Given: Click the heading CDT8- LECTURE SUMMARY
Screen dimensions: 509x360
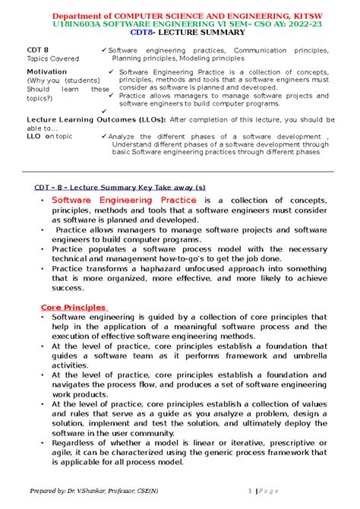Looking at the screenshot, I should click(x=179, y=34).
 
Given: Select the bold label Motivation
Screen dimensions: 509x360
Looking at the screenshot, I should click(x=46, y=71).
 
